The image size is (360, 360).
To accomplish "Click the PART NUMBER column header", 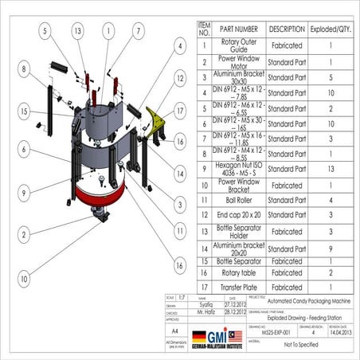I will point(240,29).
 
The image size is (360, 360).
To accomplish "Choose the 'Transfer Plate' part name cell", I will point(240,286).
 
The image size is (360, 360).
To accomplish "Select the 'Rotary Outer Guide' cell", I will point(240,45).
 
